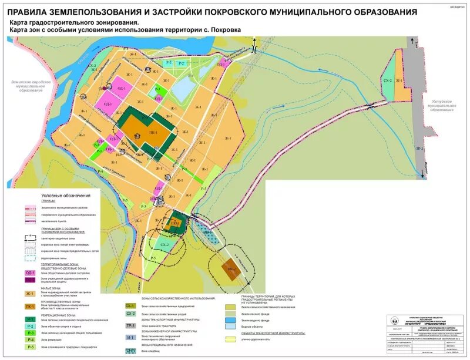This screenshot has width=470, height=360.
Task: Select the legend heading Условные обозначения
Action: [x=66, y=196]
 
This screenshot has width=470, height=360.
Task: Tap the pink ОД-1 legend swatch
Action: [x=30, y=273]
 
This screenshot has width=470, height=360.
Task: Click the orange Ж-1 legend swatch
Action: [x=30, y=293]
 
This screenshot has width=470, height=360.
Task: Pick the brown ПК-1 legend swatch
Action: [x=30, y=306]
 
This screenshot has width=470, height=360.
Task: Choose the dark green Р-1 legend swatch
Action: [x=30, y=318]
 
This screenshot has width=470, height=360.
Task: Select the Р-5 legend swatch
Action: [x=30, y=347]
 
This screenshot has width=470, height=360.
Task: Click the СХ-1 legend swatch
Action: [x=130, y=306]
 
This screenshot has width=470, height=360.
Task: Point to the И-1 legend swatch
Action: [x=130, y=338]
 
